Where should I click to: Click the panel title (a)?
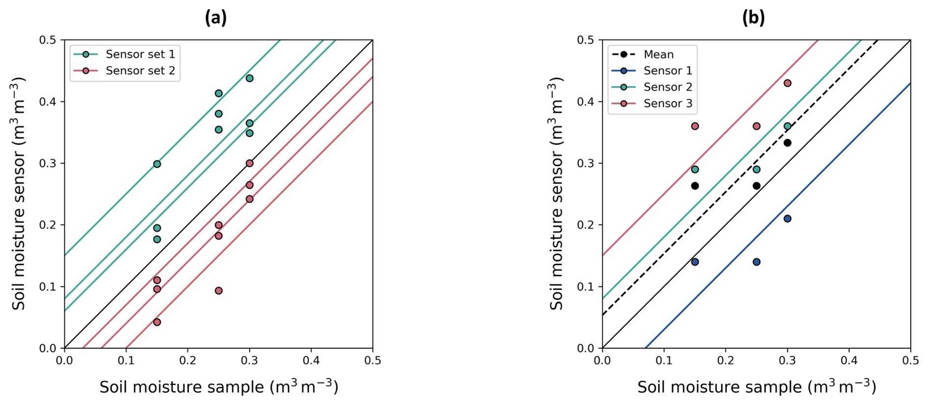pyautogui.click(x=216, y=18)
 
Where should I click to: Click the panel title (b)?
pyautogui.click(x=753, y=18)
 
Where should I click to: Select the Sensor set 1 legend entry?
pyautogui.click(x=140, y=54)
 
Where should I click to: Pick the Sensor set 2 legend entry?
pyautogui.click(x=140, y=71)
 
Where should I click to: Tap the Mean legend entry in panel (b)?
pyautogui.click(x=658, y=54)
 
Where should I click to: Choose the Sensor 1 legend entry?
pyautogui.click(x=668, y=71)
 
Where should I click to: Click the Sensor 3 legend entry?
pyautogui.click(x=668, y=103)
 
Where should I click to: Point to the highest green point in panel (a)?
pyautogui.click(x=250, y=78)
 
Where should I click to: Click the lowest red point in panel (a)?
pyautogui.click(x=157, y=322)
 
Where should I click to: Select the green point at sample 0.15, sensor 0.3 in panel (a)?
pyautogui.click(x=157, y=164)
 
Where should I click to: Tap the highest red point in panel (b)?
pyautogui.click(x=787, y=83)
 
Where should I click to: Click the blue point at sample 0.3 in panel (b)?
pyautogui.click(x=787, y=219)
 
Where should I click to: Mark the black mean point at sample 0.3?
pyautogui.click(x=787, y=143)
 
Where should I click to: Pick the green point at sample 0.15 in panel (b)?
pyautogui.click(x=695, y=170)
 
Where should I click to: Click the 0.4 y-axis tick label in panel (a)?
pyautogui.click(x=48, y=102)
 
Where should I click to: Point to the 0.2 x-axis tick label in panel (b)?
pyautogui.click(x=725, y=361)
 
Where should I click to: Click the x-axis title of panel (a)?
pyautogui.click(x=219, y=387)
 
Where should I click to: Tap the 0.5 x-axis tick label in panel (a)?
pyautogui.click(x=372, y=361)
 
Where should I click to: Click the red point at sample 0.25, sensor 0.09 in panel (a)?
pyautogui.click(x=219, y=291)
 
